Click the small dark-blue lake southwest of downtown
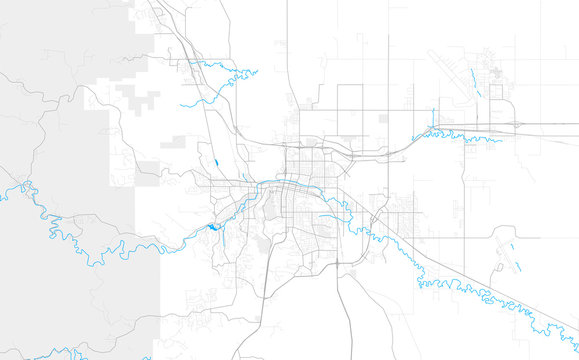point(214,227)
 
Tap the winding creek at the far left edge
point(20,185)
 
